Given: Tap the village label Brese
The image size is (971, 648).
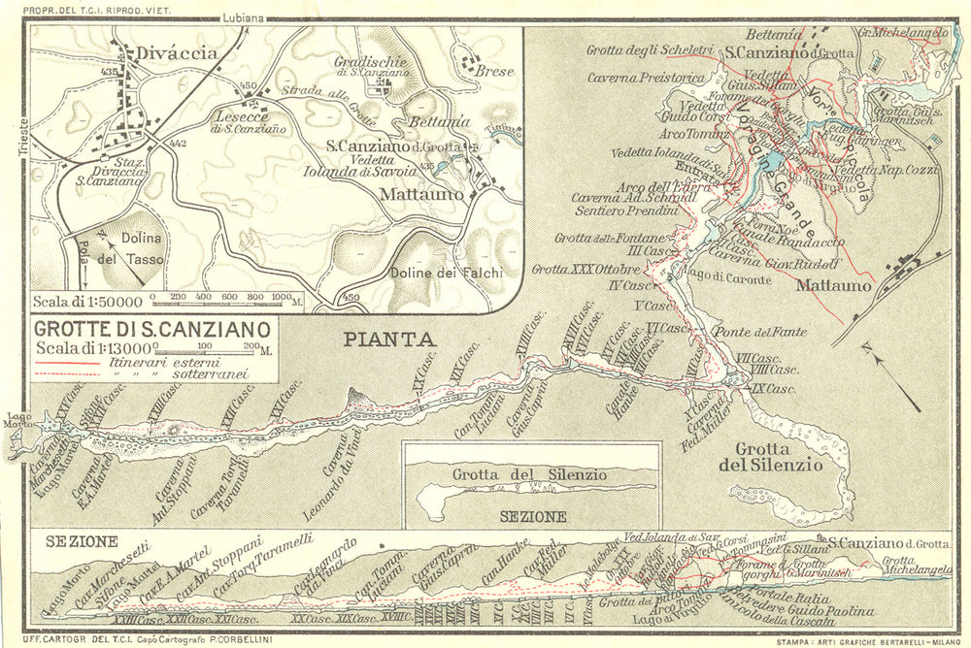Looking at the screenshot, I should pyautogui.click(x=494, y=72).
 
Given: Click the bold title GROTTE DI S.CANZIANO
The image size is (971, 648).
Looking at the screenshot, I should pyautogui.click(x=151, y=329).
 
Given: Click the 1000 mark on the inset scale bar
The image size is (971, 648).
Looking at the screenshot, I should pyautogui.click(x=282, y=295).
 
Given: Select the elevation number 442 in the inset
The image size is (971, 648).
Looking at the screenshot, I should pyautogui.click(x=177, y=143).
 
